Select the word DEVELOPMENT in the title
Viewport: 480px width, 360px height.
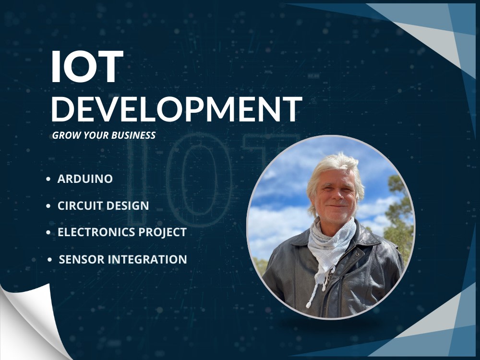coord(177,109)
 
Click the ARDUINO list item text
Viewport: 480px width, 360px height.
coord(85,179)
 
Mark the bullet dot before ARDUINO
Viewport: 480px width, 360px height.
coord(48,180)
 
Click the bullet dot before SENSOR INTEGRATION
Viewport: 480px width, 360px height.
coord(50,260)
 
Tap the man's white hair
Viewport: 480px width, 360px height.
coord(331,163)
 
